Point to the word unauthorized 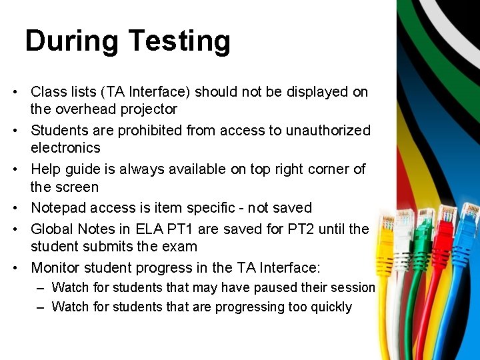(328, 130)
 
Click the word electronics (65, 147)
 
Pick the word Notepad (59, 208)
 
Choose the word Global (52, 229)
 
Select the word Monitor (57, 267)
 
